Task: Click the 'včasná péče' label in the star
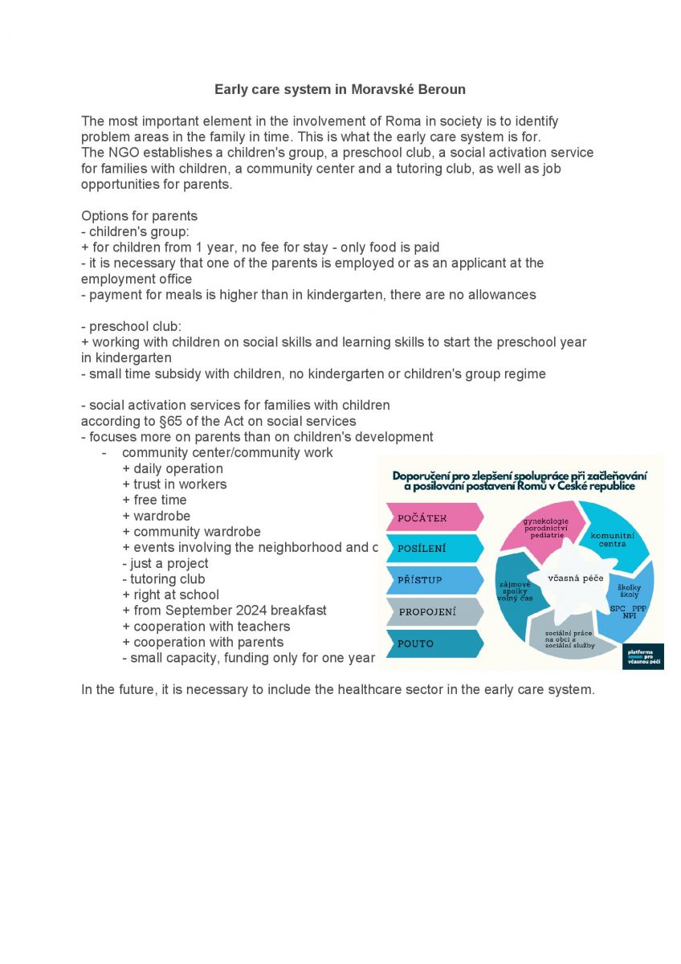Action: [x=576, y=578]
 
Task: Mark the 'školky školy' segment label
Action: [x=629, y=591]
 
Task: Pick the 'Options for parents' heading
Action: [x=139, y=216]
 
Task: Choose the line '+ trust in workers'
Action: [x=174, y=484]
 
